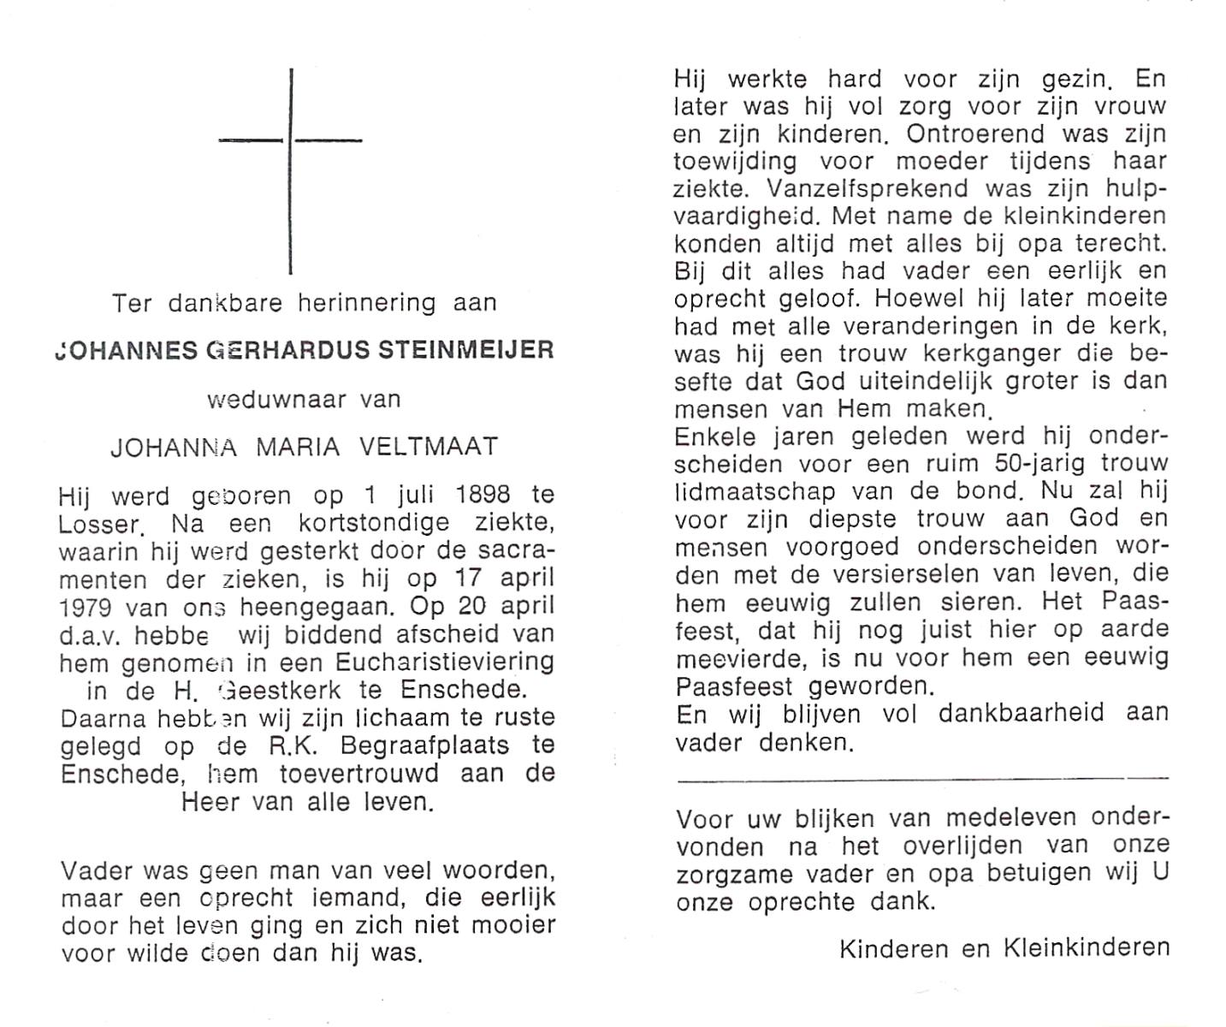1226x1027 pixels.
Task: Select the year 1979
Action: (87, 606)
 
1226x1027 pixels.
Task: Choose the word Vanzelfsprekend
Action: (868, 189)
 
